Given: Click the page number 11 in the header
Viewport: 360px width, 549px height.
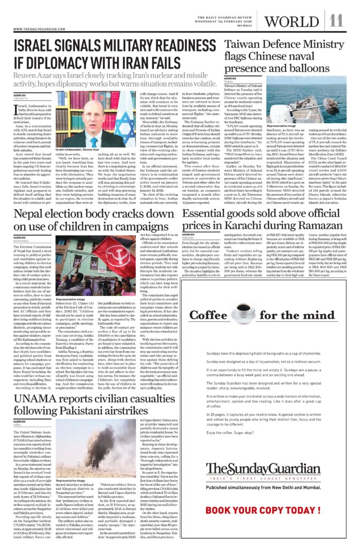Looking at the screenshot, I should pyautogui.click(x=336, y=21).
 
